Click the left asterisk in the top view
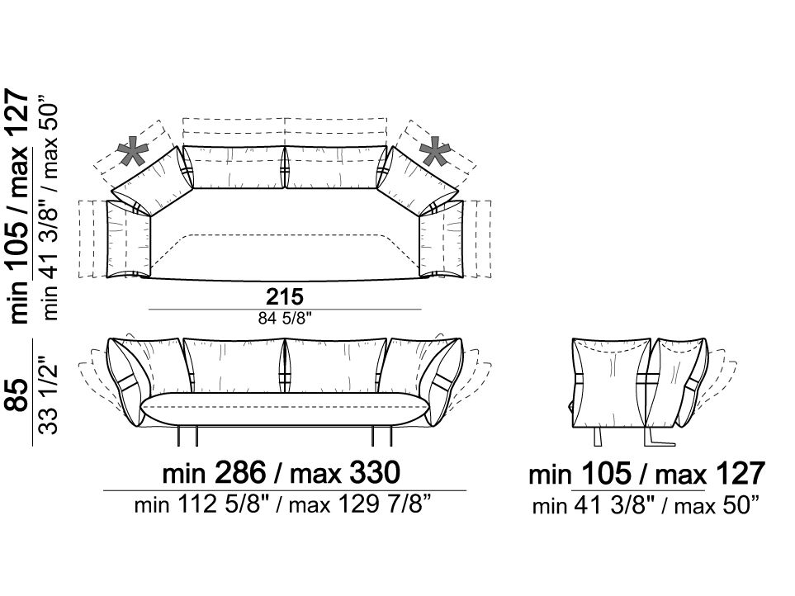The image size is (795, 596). [x=133, y=152]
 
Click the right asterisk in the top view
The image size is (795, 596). [x=436, y=152]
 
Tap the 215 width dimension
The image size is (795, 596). [x=285, y=296]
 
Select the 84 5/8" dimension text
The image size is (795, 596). [x=285, y=319]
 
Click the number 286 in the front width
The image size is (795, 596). [x=241, y=472]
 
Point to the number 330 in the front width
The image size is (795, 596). [x=375, y=472]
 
